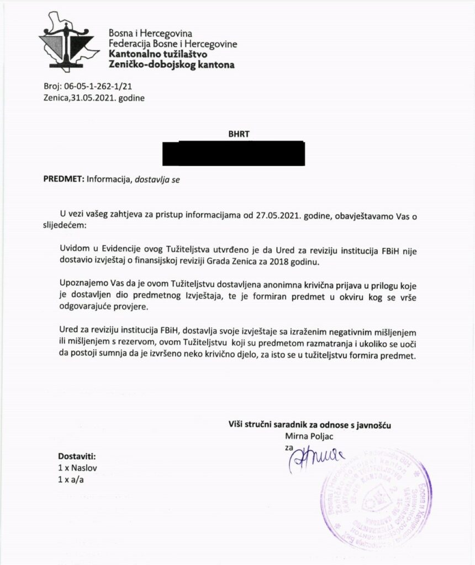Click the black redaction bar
[233, 153]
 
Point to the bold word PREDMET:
[63, 179]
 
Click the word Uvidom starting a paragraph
[74, 252]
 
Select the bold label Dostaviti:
[77, 457]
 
